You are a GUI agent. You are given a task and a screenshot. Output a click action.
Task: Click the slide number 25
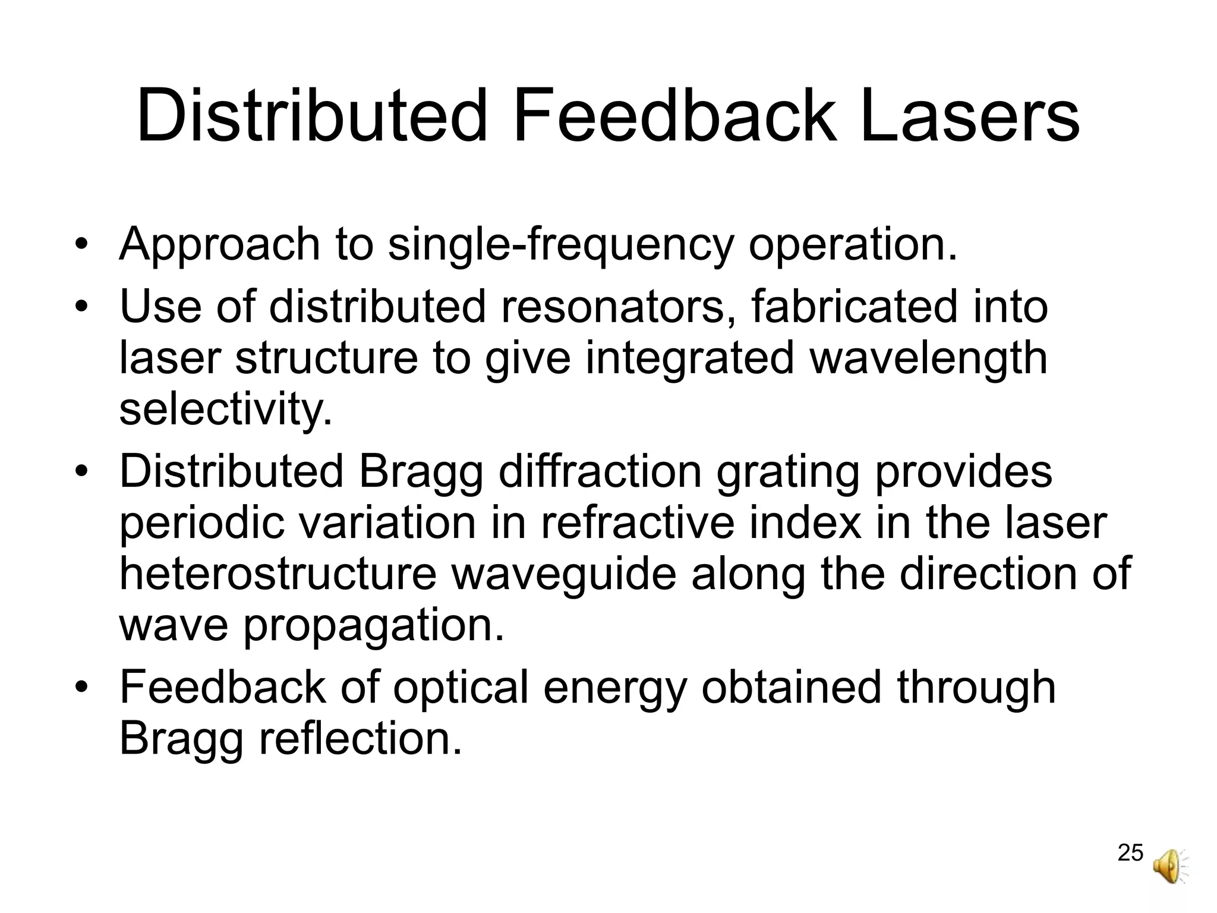[x=1130, y=853]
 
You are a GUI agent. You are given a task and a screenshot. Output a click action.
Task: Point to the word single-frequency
[x=560, y=245]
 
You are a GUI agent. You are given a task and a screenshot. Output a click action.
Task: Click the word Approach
[x=219, y=245]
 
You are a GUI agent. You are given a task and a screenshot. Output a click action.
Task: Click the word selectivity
[x=226, y=410]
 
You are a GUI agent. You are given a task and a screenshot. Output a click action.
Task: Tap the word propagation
[x=374, y=626]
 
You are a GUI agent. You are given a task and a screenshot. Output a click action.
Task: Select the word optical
[x=461, y=688]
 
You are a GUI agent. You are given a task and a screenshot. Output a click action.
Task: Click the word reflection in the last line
[x=360, y=739]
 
